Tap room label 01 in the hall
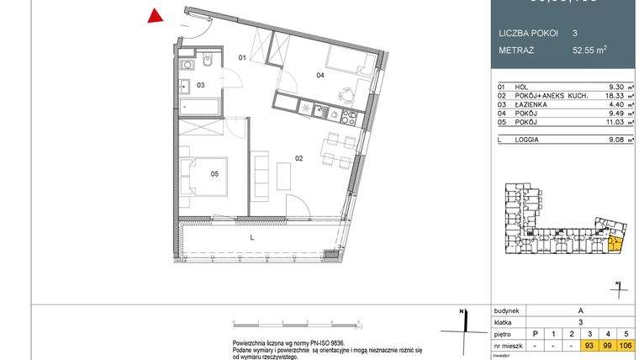click(241, 58)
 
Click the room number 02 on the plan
click(298, 156)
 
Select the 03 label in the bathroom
click(201, 85)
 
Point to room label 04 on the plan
click(320, 76)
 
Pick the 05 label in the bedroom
click(214, 175)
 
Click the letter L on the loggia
click(252, 238)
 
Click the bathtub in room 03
click(199, 107)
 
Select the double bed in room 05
click(204, 175)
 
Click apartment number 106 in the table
click(626, 346)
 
